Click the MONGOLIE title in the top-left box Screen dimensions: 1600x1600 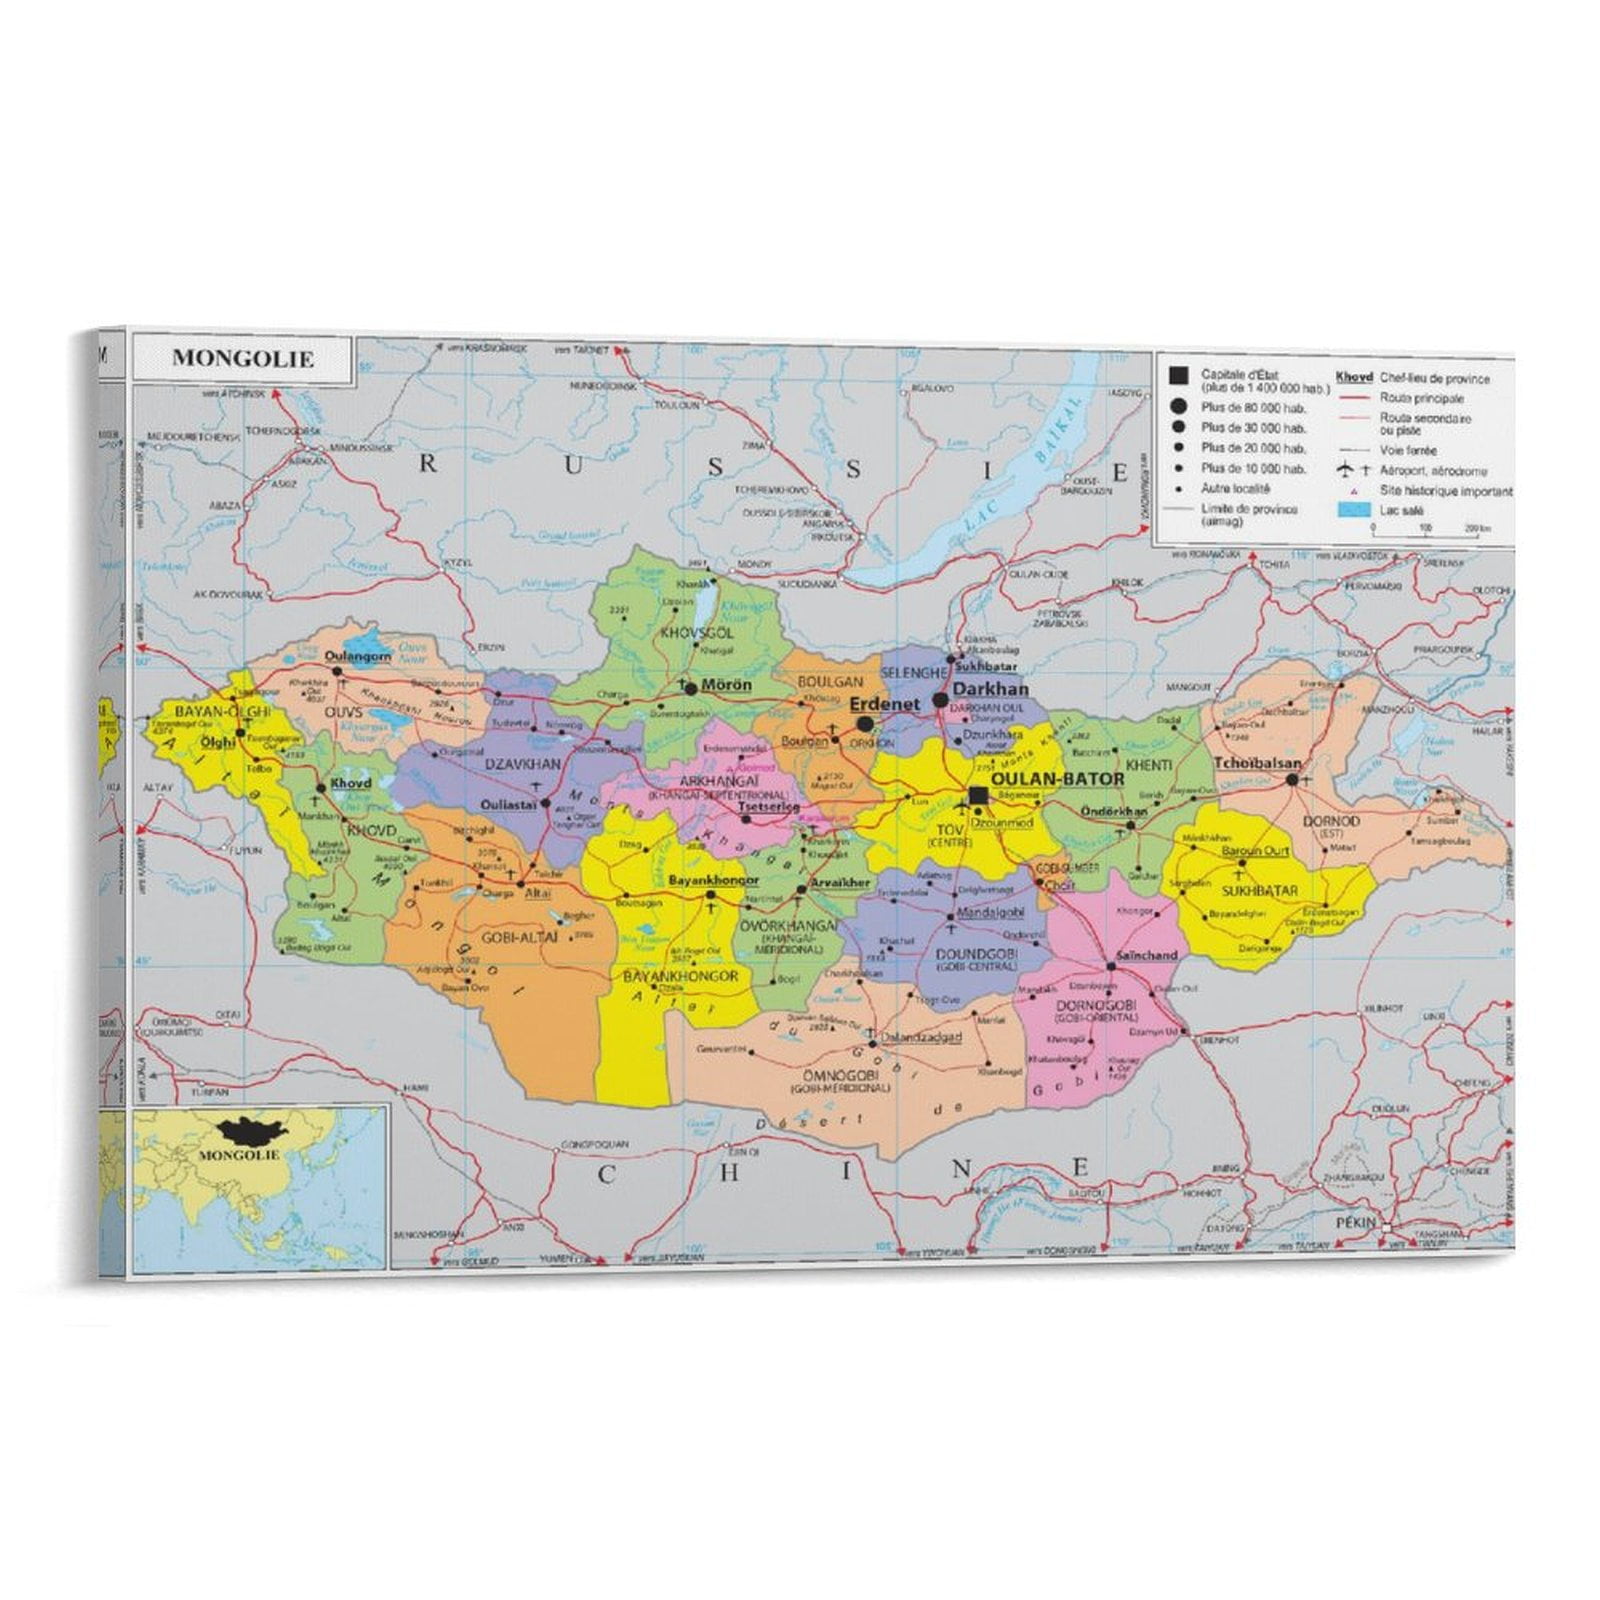click(243, 359)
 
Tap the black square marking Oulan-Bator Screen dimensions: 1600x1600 click(978, 794)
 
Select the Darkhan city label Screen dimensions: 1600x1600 click(990, 689)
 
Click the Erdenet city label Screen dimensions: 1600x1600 click(884, 704)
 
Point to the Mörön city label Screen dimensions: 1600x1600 click(726, 686)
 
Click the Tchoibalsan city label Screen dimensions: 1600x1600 click(1257, 764)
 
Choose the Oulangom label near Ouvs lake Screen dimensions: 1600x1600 click(358, 656)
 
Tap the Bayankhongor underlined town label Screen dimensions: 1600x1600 click(713, 881)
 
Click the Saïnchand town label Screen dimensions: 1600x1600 click(1146, 956)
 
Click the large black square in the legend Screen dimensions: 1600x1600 click(1179, 375)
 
